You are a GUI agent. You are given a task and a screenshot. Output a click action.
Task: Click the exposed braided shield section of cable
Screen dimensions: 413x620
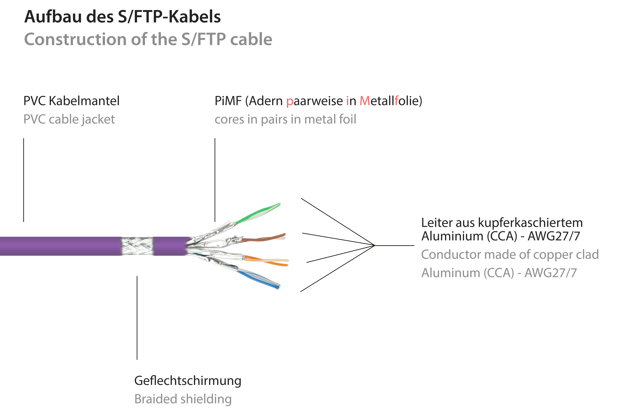[137, 246]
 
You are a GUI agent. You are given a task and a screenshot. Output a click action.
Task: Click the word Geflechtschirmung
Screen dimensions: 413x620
[188, 381]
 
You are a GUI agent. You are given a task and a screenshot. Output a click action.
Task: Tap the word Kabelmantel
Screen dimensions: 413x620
[84, 101]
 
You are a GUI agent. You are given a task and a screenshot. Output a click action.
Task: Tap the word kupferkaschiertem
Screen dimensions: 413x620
[530, 223]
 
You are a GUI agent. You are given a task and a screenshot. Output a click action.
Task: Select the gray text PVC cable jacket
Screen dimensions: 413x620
[69, 119]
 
